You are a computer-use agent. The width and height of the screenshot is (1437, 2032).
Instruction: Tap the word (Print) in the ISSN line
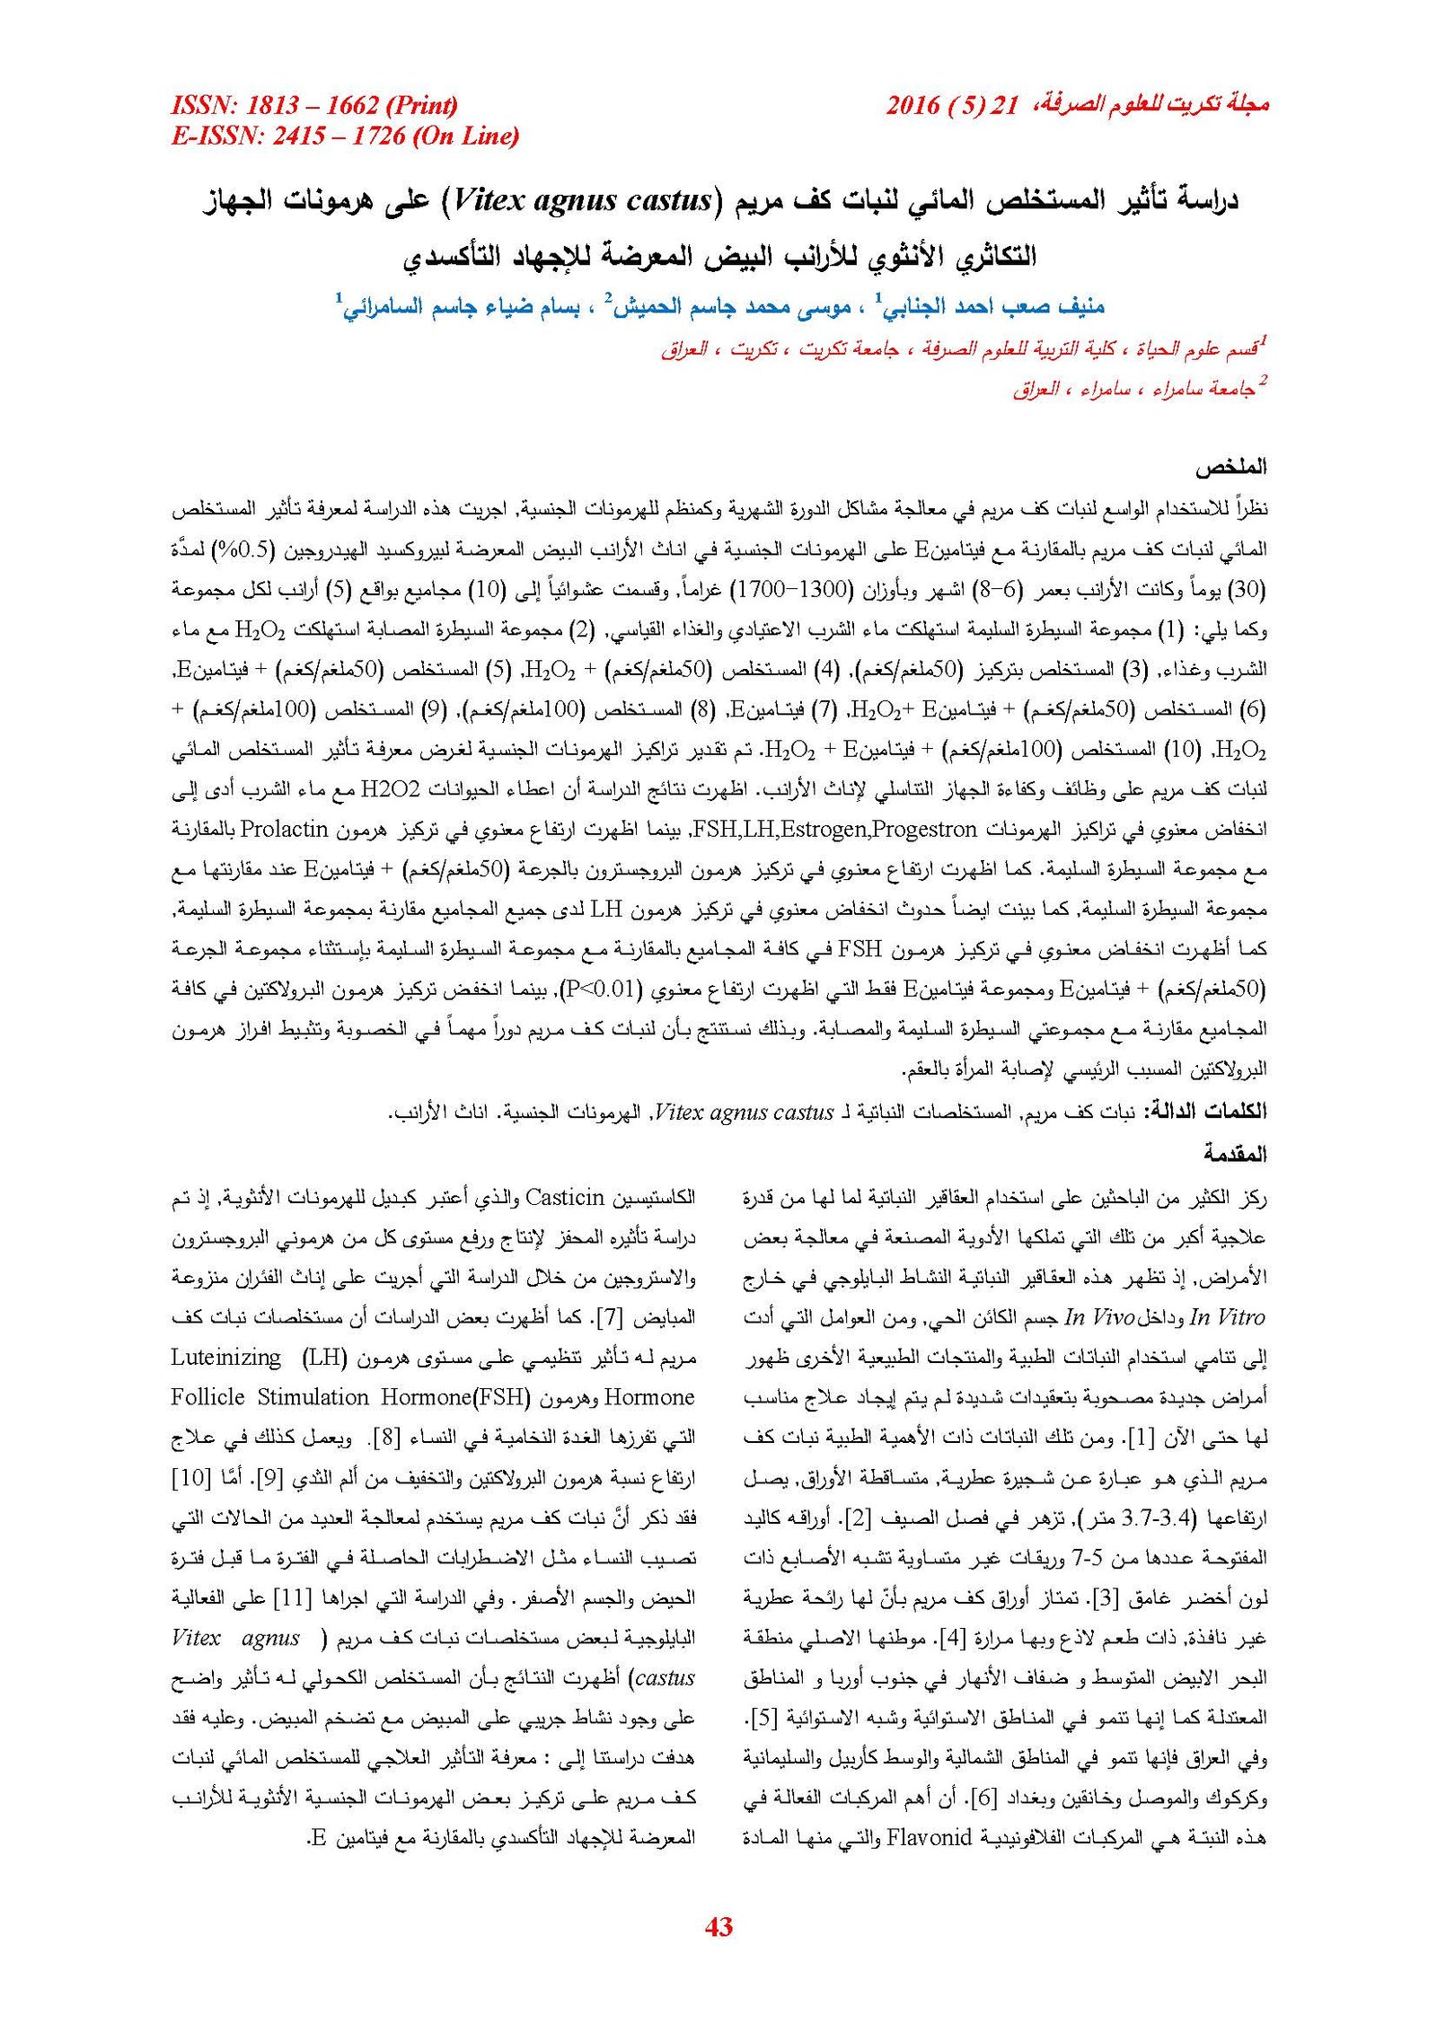click(421, 105)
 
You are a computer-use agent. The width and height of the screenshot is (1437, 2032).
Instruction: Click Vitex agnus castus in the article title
click(583, 199)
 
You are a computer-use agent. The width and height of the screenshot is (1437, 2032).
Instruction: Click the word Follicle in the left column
click(207, 1396)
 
